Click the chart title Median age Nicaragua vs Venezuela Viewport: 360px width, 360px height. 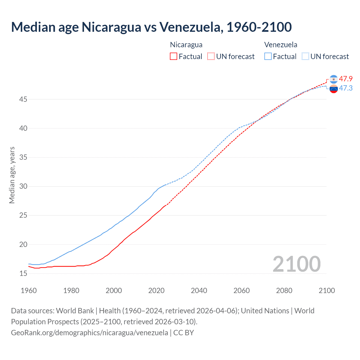(151, 27)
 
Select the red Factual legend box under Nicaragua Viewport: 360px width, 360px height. (174, 56)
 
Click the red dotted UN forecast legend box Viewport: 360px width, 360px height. (211, 56)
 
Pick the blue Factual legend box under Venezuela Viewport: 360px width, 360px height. (268, 56)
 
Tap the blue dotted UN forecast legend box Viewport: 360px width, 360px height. (305, 56)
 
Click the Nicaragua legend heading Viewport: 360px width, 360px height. (186, 45)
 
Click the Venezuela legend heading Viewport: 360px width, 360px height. (281, 45)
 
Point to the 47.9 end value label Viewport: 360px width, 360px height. (346, 79)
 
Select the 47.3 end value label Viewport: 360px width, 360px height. (346, 88)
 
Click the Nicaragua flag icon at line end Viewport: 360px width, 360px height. (334, 79)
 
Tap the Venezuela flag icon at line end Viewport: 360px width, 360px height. (334, 89)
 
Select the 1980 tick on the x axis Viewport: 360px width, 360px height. (71, 291)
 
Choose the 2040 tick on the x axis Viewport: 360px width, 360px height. (199, 291)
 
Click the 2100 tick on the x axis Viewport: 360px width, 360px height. (327, 291)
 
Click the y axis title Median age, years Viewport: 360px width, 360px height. (12, 175)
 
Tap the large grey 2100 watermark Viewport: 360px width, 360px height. (296, 264)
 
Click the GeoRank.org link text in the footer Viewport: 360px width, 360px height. (89, 332)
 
